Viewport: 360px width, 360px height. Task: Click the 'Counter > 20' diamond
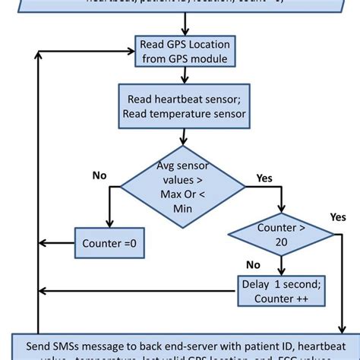click(x=280, y=235)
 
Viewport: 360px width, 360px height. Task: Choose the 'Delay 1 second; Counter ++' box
click(x=280, y=291)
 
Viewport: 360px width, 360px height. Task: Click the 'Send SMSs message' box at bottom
click(x=179, y=346)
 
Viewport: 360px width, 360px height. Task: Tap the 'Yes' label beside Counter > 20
click(x=338, y=216)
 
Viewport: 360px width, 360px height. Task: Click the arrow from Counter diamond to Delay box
click(x=280, y=266)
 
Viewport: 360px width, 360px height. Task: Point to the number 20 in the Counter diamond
click(x=280, y=242)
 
